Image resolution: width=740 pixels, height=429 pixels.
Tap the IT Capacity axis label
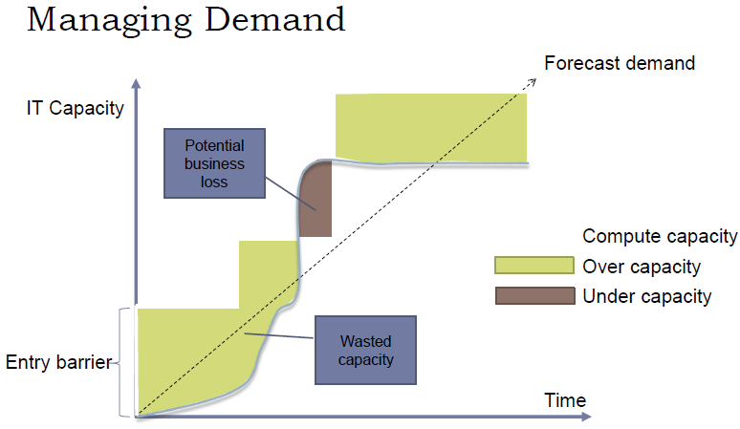(75, 108)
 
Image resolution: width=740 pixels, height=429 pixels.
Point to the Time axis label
(565, 399)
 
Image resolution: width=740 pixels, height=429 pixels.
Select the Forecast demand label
(619, 64)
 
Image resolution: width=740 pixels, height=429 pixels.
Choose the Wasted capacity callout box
(365, 351)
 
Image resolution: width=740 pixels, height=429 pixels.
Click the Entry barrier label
(57, 362)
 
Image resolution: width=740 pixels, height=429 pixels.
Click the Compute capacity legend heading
(660, 236)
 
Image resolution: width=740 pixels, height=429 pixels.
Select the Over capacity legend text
(642, 267)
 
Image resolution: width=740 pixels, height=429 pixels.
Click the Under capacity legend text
(647, 296)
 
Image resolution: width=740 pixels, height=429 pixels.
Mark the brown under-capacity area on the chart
(316, 205)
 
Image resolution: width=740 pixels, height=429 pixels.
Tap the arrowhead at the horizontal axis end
(585, 418)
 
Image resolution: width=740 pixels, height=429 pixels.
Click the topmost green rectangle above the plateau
(430, 126)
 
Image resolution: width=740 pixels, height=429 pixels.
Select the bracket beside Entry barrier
(121, 362)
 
